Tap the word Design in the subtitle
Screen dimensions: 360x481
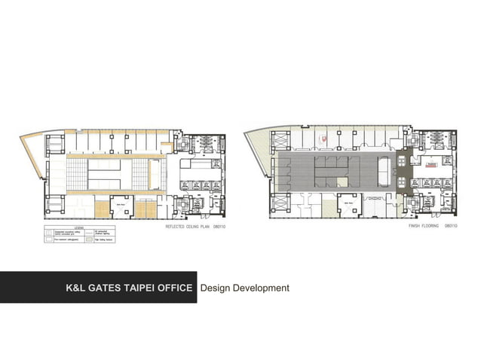click(x=217, y=288)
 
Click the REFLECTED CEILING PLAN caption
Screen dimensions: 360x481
click(x=188, y=226)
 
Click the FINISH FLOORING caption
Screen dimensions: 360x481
click(x=424, y=226)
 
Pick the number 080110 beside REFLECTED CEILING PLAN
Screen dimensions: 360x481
click(x=222, y=226)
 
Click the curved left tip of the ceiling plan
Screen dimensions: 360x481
click(x=24, y=139)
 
